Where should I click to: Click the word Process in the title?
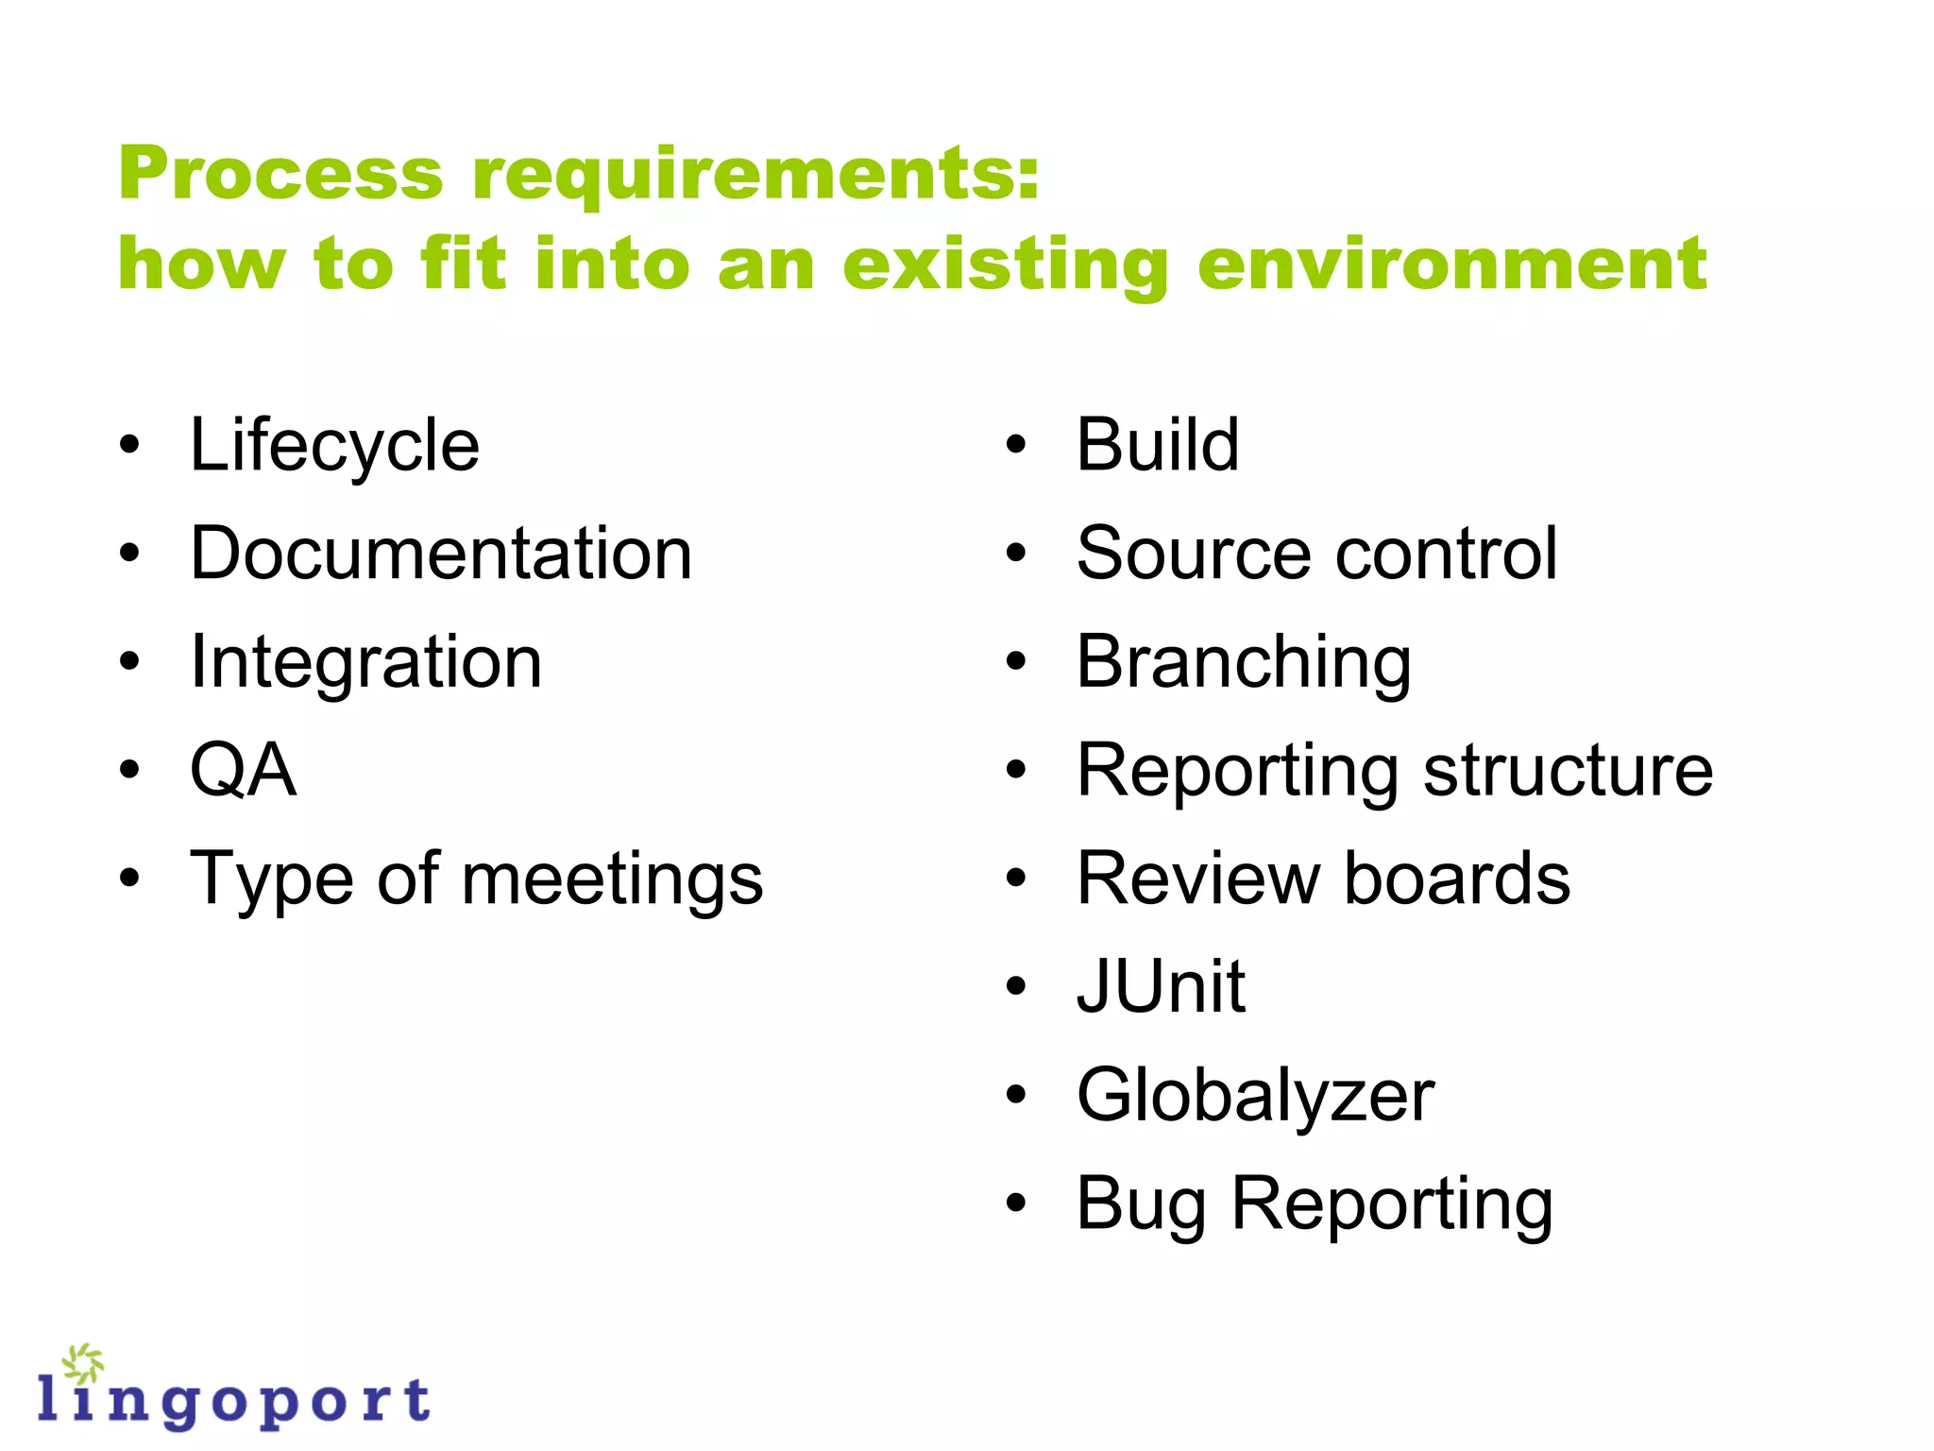[x=280, y=175]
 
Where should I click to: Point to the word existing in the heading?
[x=1006, y=266]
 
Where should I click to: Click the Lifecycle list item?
[x=334, y=446]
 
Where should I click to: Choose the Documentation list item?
[x=441, y=554]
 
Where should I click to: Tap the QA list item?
[x=244, y=771]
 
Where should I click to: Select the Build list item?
[x=1158, y=445]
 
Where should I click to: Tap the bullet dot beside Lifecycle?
[x=129, y=445]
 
